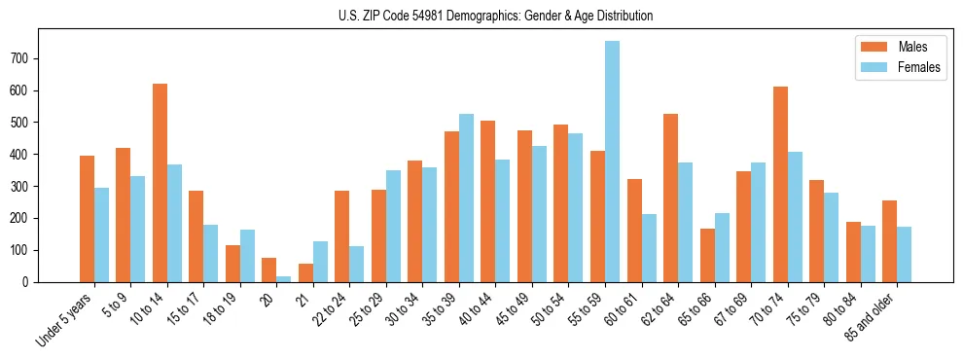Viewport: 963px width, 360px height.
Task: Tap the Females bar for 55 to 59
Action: [612, 162]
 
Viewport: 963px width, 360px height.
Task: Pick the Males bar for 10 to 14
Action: [160, 183]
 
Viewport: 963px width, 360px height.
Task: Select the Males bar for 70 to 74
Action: [780, 184]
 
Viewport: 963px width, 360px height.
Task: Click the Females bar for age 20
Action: [284, 278]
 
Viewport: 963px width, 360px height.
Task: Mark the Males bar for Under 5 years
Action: [87, 219]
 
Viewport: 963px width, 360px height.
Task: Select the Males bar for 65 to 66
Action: [707, 255]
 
